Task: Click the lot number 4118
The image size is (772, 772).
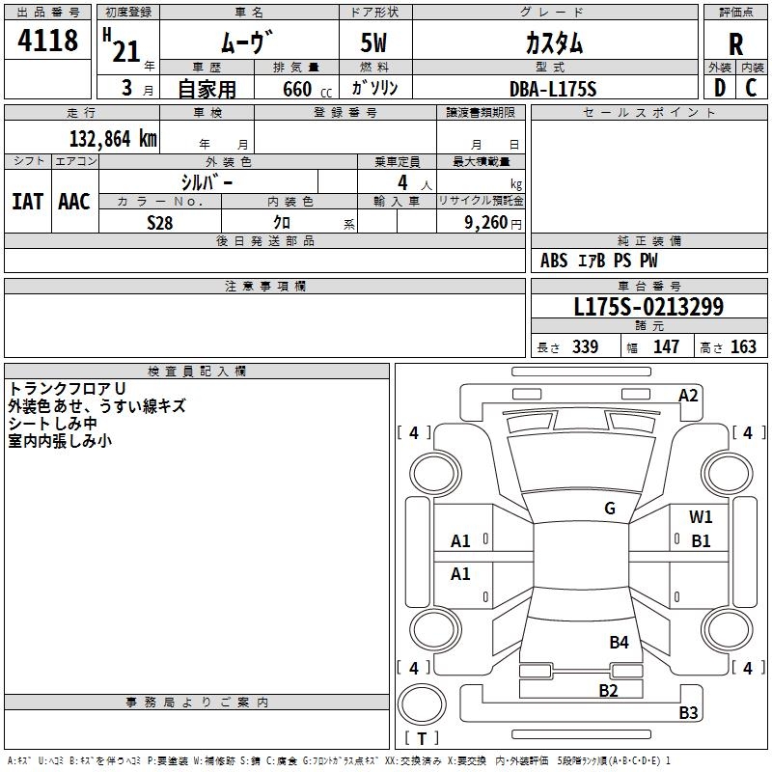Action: click(x=48, y=41)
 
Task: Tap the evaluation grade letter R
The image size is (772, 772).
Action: click(x=735, y=43)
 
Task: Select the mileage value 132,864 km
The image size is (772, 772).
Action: click(x=113, y=138)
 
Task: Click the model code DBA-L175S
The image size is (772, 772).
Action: click(x=553, y=89)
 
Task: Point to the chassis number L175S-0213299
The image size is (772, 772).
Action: click(x=648, y=308)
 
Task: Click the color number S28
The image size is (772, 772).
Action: click(x=160, y=223)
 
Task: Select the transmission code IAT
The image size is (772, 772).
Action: click(x=27, y=202)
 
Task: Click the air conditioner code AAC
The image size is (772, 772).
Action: click(x=74, y=202)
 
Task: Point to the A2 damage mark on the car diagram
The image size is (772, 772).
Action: click(x=688, y=396)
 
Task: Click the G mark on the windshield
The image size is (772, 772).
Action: click(x=609, y=509)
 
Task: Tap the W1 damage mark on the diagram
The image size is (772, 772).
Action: click(x=701, y=517)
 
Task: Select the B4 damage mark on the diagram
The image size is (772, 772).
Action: click(x=619, y=642)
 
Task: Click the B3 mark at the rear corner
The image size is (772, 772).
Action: click(x=688, y=713)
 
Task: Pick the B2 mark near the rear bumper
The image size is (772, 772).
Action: click(x=608, y=690)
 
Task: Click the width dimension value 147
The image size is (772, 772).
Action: click(x=666, y=347)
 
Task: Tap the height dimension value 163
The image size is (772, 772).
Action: click(x=743, y=347)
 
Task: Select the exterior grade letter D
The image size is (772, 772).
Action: click(x=719, y=88)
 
